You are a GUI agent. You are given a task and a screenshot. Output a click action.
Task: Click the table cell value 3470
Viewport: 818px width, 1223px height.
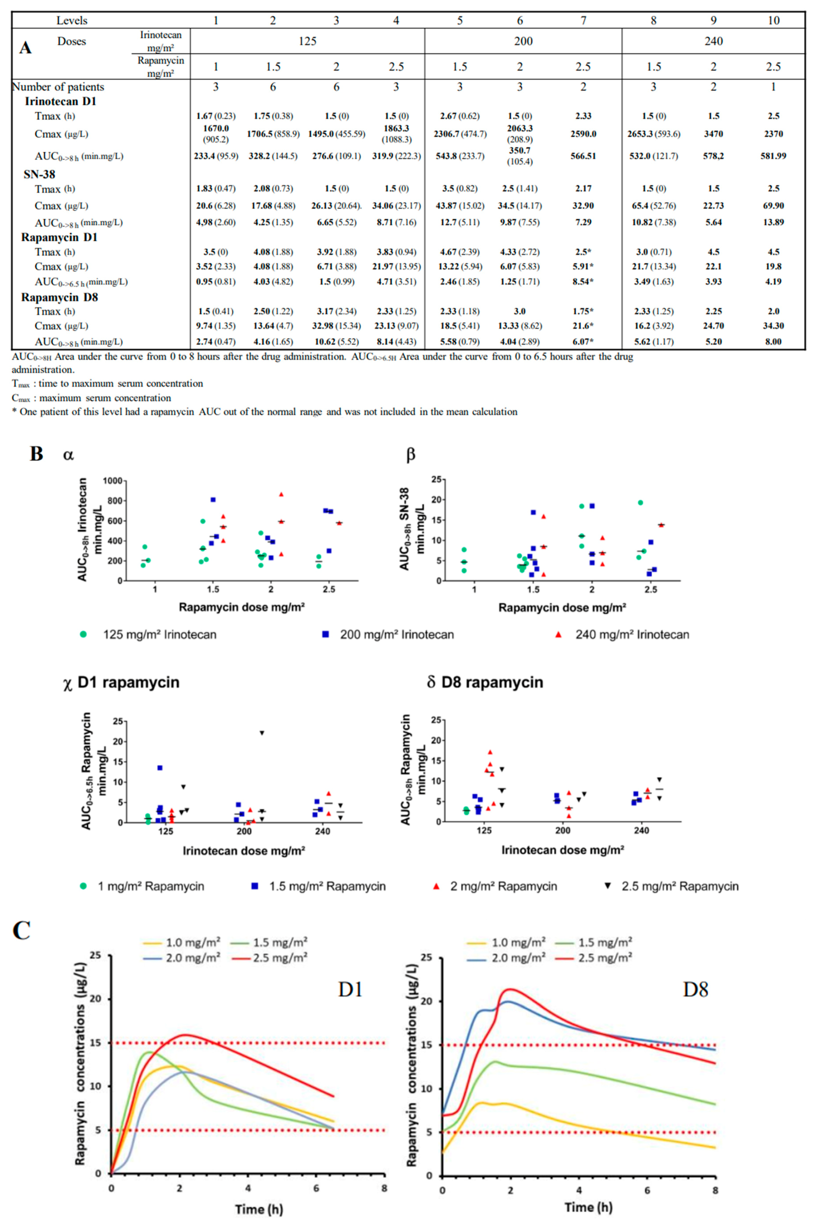(x=713, y=134)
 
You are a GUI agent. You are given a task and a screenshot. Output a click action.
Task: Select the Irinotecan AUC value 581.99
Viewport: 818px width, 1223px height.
(x=773, y=156)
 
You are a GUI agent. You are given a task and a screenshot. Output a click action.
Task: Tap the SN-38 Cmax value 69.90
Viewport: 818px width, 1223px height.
(x=773, y=205)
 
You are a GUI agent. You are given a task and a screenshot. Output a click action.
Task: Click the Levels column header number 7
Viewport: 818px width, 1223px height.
(x=583, y=20)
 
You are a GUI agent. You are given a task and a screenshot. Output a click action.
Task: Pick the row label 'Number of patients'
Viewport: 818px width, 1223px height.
(x=58, y=87)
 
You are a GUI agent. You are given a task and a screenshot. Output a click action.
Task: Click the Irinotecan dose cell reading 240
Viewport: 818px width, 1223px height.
(x=713, y=41)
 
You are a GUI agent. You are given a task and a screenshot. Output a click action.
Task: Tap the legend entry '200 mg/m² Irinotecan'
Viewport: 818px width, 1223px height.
(x=397, y=635)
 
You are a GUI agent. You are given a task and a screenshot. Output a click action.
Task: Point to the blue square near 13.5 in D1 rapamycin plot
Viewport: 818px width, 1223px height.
(x=160, y=768)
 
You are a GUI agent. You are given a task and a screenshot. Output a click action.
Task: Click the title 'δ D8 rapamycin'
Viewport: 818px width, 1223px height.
(x=485, y=682)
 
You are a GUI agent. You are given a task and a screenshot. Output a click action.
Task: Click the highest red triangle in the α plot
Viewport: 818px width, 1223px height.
(x=281, y=494)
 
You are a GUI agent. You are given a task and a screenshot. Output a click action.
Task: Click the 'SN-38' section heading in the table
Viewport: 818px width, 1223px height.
(x=39, y=174)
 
